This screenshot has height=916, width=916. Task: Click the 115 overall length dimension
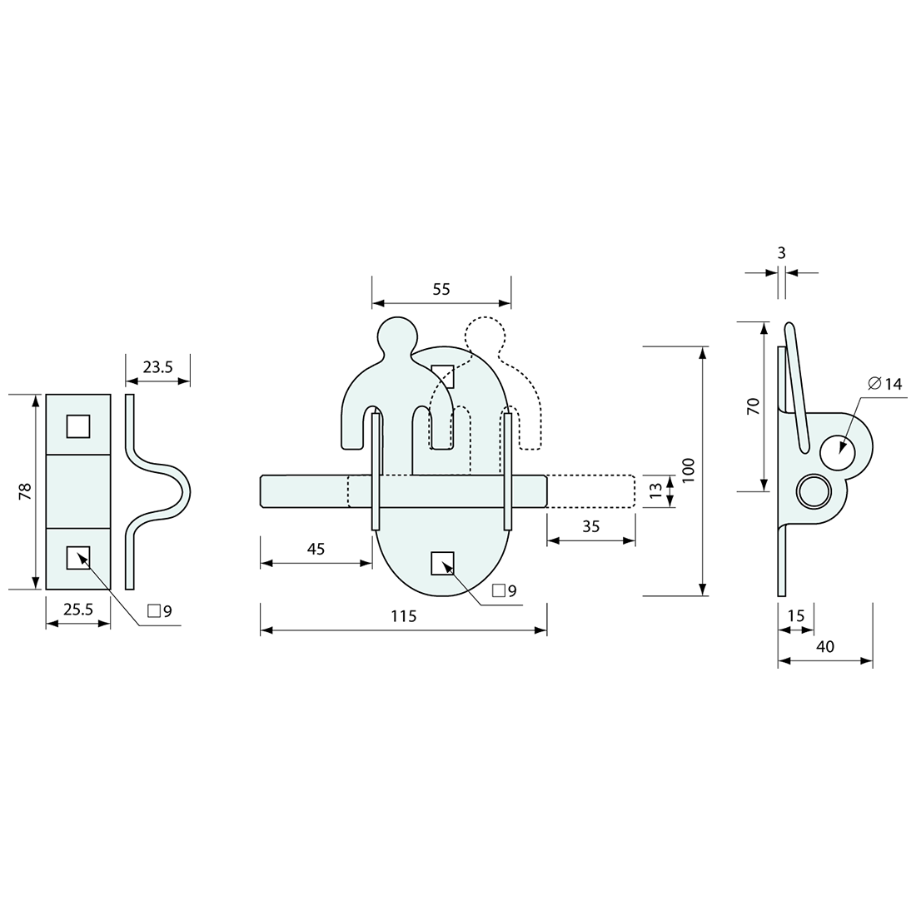tap(403, 616)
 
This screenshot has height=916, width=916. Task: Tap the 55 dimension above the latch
tap(441, 289)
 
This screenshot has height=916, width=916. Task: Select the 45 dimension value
tap(316, 549)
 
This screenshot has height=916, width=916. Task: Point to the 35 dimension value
tap(590, 526)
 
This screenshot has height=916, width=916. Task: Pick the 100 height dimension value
tap(689, 470)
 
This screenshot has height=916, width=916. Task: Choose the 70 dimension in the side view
tap(753, 406)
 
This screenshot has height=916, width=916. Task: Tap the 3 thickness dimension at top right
tap(781, 252)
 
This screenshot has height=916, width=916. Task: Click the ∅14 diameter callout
tap(884, 384)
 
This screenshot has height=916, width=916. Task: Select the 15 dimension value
tap(796, 615)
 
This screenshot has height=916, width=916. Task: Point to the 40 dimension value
tap(825, 646)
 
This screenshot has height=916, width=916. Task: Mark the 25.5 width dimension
tap(78, 610)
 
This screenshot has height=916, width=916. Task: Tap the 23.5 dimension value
tap(157, 366)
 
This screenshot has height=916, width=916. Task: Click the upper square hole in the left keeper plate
tap(78, 426)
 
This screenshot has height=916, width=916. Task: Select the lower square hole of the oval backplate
tap(442, 564)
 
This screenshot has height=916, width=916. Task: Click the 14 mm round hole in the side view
tap(837, 452)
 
